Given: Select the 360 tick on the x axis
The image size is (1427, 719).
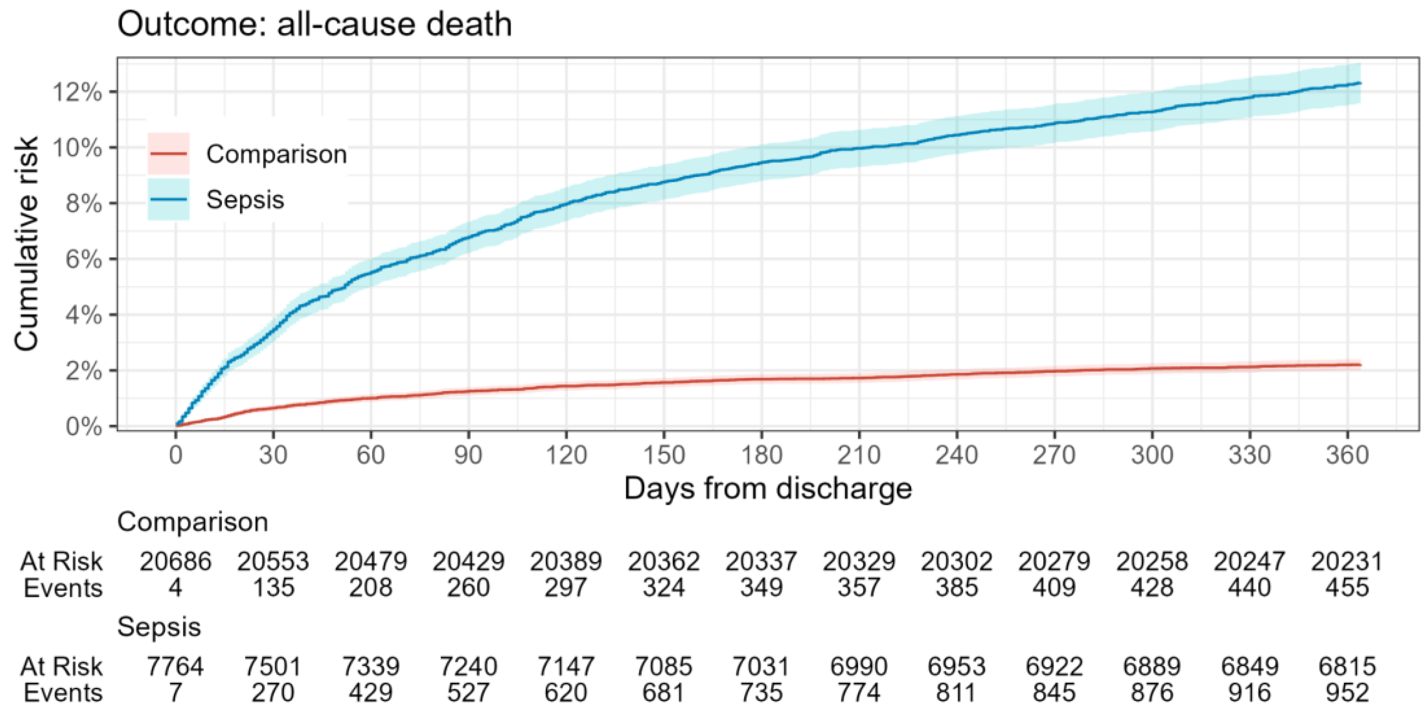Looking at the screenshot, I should pos(1347,455).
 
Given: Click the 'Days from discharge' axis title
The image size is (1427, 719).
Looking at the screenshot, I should pos(768,489).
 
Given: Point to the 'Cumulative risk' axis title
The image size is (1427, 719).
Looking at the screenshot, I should pos(27,244).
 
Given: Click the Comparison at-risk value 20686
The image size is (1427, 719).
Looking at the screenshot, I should pos(175,561).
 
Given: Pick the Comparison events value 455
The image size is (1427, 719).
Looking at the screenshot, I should pos(1347,587).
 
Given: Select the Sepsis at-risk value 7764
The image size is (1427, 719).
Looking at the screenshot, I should pos(175,666).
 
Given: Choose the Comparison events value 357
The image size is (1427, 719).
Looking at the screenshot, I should pos(859,587).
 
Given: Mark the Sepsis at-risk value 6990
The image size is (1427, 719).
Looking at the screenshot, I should pos(859,666).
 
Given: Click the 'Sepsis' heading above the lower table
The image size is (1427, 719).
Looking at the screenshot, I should pos(159,627).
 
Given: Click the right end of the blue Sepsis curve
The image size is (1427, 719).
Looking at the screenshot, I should pos(1360,83).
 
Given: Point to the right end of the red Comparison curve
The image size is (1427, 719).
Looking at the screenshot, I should pos(1360,365).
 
